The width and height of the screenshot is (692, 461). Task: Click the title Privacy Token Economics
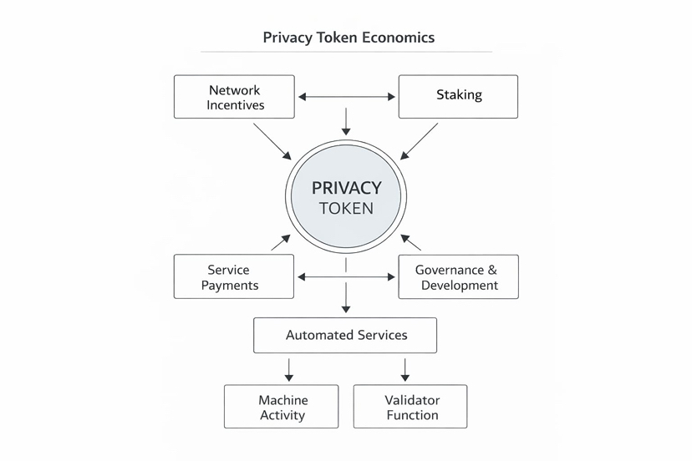[x=348, y=38]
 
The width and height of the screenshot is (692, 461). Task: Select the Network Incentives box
[x=234, y=97]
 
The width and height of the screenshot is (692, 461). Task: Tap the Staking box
[x=458, y=95]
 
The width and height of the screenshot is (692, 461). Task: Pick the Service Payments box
[x=234, y=276]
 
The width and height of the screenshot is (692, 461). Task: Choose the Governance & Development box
[x=458, y=276]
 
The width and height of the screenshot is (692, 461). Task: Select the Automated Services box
[x=345, y=335]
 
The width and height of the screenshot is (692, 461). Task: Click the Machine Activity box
[x=282, y=407]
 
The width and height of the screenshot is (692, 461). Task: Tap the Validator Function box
[x=410, y=407]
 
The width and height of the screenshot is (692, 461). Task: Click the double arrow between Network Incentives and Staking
[x=346, y=97]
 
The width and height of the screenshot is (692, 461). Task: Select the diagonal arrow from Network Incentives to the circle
[x=272, y=141]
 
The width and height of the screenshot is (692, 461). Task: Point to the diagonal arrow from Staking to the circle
[x=420, y=141]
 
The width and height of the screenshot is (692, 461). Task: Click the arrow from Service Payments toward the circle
[x=280, y=243]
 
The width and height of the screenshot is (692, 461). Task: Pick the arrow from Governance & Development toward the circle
[x=412, y=243]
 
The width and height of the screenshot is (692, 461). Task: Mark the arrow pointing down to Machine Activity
[x=288, y=369]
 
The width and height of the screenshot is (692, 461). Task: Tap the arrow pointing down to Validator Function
[x=405, y=369]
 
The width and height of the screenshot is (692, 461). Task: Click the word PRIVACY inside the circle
[x=346, y=187]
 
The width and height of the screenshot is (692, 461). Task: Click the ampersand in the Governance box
[x=491, y=270]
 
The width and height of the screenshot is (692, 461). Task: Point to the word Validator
[x=412, y=400]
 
